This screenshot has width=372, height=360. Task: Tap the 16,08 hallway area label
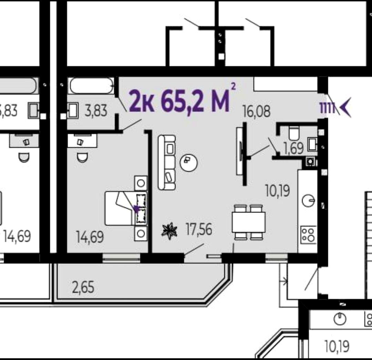click(257, 111)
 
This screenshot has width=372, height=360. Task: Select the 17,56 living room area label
click(199, 229)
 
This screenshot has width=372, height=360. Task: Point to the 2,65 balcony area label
click(83, 287)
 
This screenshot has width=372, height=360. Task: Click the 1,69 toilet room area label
click(294, 148)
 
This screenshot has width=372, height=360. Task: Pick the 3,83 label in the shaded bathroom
click(96, 111)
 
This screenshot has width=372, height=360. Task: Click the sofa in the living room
click(167, 162)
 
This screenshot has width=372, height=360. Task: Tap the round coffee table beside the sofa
click(189, 163)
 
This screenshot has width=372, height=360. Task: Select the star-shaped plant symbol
click(169, 231)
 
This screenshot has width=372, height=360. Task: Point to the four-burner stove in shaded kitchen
click(308, 235)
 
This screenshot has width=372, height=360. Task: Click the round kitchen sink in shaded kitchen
click(308, 201)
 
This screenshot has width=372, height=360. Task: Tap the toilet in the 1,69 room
click(294, 133)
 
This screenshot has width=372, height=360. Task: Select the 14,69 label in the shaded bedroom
click(90, 237)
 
